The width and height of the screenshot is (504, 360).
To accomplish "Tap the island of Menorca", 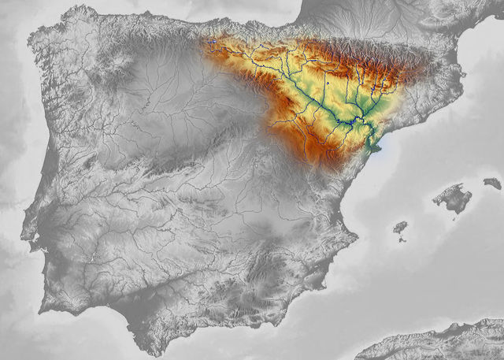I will click(x=492, y=183).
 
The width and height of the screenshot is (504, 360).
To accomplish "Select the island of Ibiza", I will click(x=400, y=229).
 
